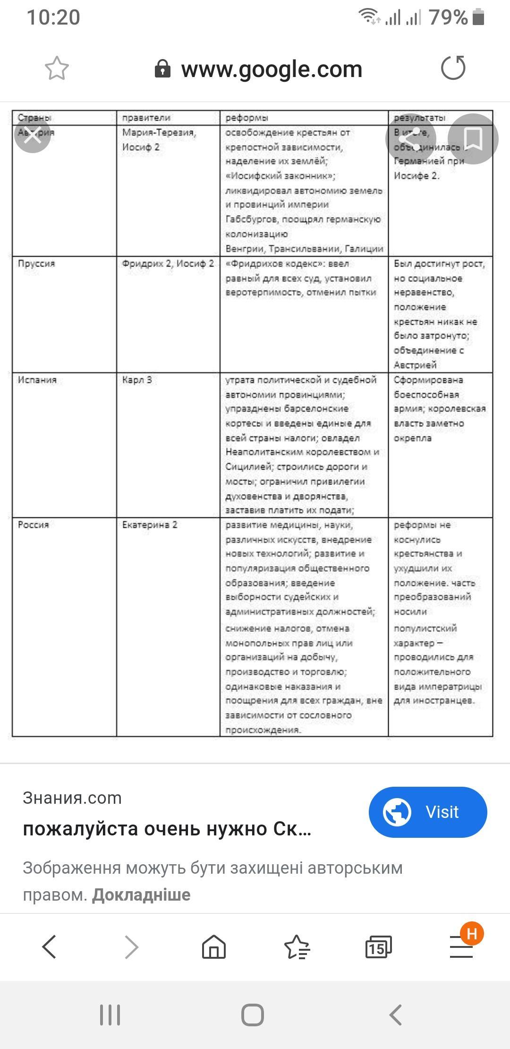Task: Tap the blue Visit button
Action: (x=427, y=812)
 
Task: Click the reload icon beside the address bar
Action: (x=453, y=68)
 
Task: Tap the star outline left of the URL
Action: (x=57, y=69)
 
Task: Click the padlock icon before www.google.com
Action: (x=162, y=69)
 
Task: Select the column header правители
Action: (x=146, y=118)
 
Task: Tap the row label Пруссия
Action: (x=36, y=263)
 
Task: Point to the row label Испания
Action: (x=37, y=380)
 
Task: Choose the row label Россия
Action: (x=33, y=524)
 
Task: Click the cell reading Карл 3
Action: (x=137, y=380)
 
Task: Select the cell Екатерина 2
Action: (x=150, y=524)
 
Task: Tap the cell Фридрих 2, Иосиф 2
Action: (x=168, y=263)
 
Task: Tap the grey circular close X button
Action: (x=33, y=135)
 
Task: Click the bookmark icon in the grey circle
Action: (x=473, y=139)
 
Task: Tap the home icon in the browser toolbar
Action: (x=214, y=947)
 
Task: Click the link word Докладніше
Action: (x=141, y=894)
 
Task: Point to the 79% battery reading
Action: (x=448, y=17)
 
